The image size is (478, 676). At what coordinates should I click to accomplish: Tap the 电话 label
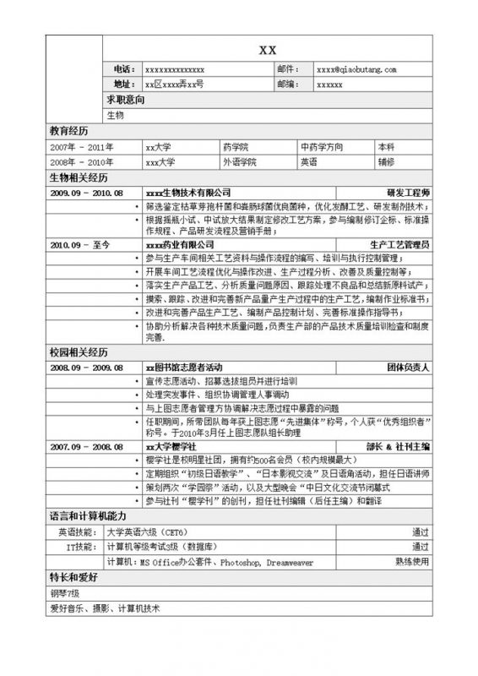[122, 69]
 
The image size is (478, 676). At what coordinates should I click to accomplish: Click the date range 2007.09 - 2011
[82, 146]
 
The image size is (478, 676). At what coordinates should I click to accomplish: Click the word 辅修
[386, 161]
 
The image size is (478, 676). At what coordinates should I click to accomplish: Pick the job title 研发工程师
[409, 192]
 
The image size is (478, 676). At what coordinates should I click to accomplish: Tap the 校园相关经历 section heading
[79, 352]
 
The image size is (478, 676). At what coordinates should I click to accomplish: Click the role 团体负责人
[409, 368]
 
